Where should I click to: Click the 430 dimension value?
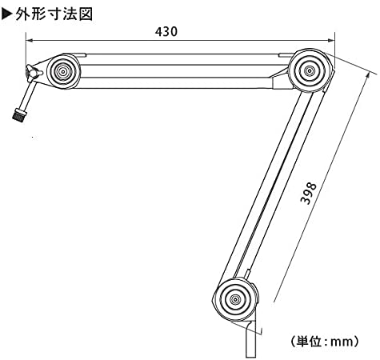(166, 32)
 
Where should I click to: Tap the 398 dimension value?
(309, 194)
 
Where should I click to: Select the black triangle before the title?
(7, 14)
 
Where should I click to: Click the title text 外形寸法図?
(54, 14)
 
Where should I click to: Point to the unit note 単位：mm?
(324, 341)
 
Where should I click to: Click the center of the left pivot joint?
(63, 71)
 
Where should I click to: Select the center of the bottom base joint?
(235, 299)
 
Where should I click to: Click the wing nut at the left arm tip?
(33, 72)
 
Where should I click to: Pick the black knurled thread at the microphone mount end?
(19, 114)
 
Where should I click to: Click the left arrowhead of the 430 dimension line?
(29, 41)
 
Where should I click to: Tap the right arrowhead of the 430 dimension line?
(331, 41)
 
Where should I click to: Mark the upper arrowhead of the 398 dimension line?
(368, 75)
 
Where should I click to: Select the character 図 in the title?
(86, 14)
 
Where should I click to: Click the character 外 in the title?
(22, 14)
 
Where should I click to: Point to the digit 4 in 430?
(159, 32)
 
